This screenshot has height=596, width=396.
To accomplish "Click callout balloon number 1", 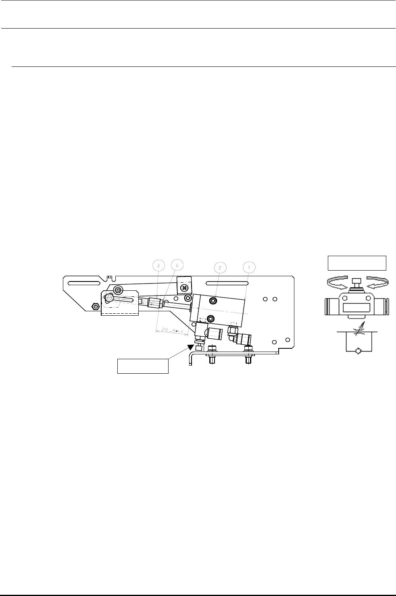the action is tap(249, 267).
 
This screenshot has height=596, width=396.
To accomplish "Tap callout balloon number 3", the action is tap(159, 265).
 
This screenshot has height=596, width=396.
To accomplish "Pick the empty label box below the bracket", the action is tap(142, 366).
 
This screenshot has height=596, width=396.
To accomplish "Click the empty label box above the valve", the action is tap(357, 263).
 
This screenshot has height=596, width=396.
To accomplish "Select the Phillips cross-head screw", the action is tap(184, 288).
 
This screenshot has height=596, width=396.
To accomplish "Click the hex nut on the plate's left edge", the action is tap(95, 306).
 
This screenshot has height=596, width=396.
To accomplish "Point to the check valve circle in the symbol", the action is tap(356, 352).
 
